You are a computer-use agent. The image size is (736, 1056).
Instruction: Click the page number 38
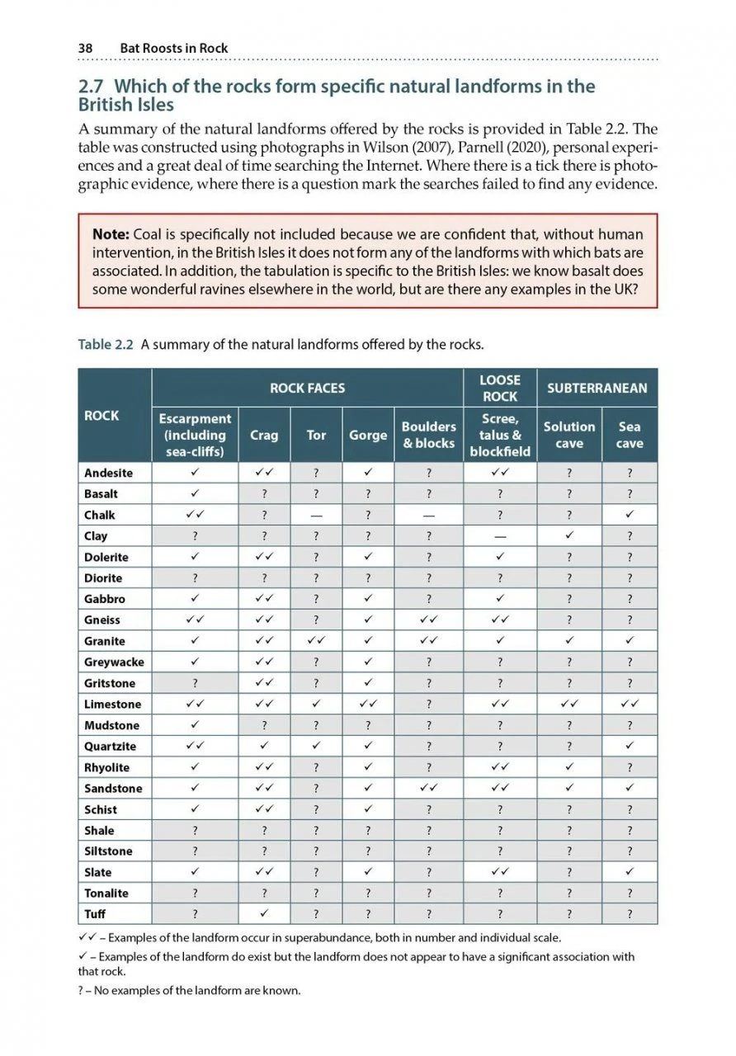pos(85,48)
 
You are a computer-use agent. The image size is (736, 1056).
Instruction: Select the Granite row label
pos(105,641)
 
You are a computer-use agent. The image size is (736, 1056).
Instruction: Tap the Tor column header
pos(316,435)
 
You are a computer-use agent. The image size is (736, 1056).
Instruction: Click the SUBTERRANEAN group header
pos(597,388)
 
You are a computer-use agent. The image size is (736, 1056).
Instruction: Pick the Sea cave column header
pos(630,435)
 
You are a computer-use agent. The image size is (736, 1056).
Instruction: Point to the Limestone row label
pos(112,705)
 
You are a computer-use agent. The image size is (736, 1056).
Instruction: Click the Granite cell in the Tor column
pos(316,641)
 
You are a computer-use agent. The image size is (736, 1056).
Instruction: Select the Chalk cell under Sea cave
pos(630,515)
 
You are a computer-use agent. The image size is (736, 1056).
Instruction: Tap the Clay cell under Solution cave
pos(569,536)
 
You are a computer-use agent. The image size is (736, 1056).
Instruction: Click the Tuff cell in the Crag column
pos(264,914)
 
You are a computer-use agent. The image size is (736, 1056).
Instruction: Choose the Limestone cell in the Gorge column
pos(368,705)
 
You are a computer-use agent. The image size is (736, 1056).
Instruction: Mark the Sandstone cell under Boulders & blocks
pos(429,789)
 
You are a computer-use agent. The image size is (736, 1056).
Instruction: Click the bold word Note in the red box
pos(111,235)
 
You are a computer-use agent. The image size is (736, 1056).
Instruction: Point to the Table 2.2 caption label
pos(106,345)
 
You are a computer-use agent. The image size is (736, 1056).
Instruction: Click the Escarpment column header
pos(196,435)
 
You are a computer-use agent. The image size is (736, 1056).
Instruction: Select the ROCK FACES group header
pos(308,388)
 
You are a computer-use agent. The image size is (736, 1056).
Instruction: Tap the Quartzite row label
pos(111,747)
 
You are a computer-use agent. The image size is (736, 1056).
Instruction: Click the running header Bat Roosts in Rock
pos(174,48)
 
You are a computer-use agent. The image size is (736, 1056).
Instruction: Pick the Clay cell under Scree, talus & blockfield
pos(500,536)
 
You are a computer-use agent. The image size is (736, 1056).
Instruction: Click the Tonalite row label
pos(107,893)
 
